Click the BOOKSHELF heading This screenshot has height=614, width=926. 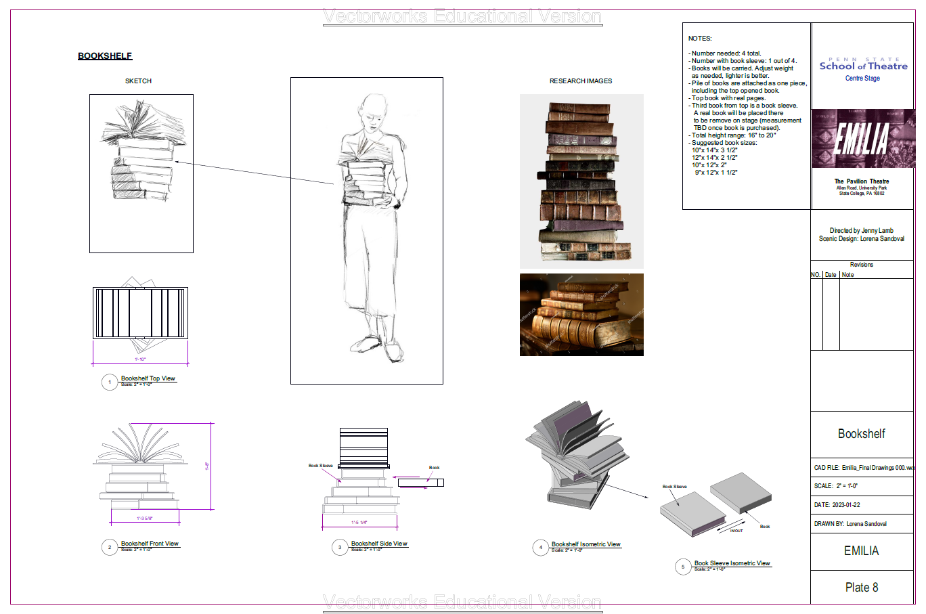point(105,56)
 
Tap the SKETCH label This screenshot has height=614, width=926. point(138,81)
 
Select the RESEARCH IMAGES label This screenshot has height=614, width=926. point(580,81)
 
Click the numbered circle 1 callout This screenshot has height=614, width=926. point(110,382)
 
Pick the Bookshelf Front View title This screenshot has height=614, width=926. point(150,544)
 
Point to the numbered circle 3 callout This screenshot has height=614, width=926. point(340,548)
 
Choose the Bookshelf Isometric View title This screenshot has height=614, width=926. point(586,544)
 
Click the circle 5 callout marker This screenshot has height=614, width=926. point(683,567)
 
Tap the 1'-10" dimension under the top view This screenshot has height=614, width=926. point(139,359)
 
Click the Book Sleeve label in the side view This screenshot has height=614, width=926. point(321,466)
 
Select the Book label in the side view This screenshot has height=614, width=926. point(434,468)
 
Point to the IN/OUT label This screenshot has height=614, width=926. point(736,531)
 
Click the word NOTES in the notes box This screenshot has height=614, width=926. point(700,39)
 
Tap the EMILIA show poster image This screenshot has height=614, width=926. point(862,138)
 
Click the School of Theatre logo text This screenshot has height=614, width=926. point(863,66)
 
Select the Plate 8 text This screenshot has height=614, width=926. point(861,587)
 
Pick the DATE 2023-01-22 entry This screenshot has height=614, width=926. point(837,505)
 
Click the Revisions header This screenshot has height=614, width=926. point(861,265)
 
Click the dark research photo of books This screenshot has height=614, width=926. point(581,314)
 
